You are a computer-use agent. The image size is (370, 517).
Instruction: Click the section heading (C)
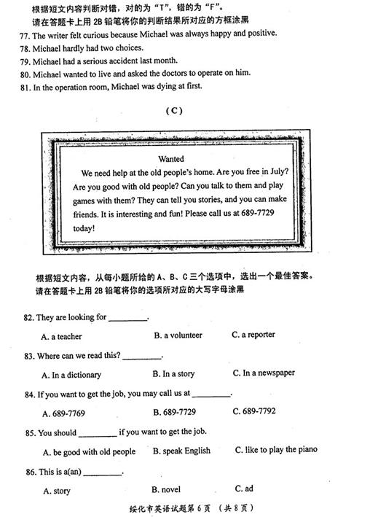(x=173, y=111)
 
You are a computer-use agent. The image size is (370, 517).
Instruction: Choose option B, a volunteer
(x=178, y=335)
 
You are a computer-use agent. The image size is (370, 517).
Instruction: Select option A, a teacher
(x=62, y=337)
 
